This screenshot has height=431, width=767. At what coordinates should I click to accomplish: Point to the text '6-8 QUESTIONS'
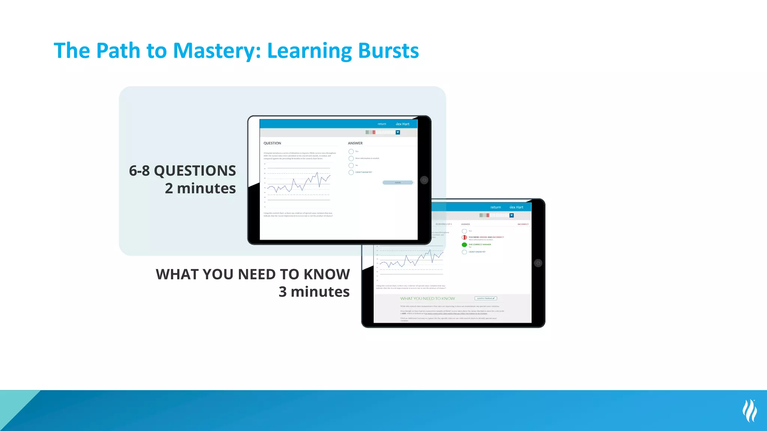point(182,171)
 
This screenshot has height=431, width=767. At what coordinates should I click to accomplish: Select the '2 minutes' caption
point(200,188)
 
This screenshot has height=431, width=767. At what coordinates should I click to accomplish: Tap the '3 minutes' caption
point(314,291)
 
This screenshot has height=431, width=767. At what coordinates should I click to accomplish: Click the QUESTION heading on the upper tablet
point(272,143)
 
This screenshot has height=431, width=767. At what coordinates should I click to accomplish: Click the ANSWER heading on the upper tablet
point(355,143)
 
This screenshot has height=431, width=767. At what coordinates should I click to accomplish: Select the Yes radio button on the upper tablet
point(351,152)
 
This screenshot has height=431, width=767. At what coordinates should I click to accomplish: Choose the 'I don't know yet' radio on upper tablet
point(351,172)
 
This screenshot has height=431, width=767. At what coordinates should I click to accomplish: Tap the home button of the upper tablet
point(424,180)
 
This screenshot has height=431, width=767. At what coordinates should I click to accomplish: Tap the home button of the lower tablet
point(538,263)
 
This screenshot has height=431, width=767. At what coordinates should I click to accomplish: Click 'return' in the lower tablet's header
point(495,207)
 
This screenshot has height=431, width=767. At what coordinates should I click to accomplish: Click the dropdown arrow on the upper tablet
point(398,132)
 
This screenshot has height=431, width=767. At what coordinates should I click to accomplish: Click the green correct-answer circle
point(464,245)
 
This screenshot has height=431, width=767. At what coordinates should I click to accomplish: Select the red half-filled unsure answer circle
point(464,237)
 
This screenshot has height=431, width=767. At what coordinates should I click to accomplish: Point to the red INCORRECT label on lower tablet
point(523,224)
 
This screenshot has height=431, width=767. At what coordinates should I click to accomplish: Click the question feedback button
point(486,298)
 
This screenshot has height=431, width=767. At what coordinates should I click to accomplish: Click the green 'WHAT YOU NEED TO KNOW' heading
point(427,299)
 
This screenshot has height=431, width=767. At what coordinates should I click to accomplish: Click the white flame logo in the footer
point(749,410)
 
